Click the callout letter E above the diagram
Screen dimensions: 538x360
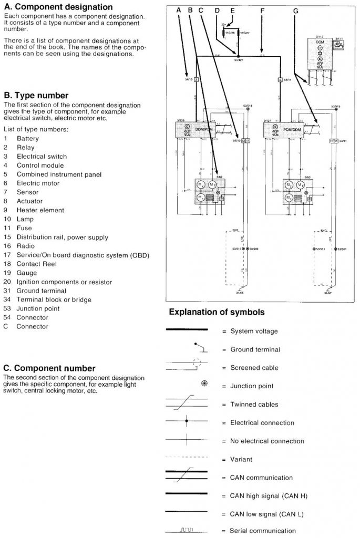point(233,10)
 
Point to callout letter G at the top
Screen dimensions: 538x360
point(295,10)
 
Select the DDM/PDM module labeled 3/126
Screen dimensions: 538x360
point(199,129)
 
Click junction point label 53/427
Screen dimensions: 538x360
point(238,61)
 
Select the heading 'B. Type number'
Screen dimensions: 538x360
point(36,96)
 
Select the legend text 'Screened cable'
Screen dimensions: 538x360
point(254,368)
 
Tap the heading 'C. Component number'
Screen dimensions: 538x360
point(49,368)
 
